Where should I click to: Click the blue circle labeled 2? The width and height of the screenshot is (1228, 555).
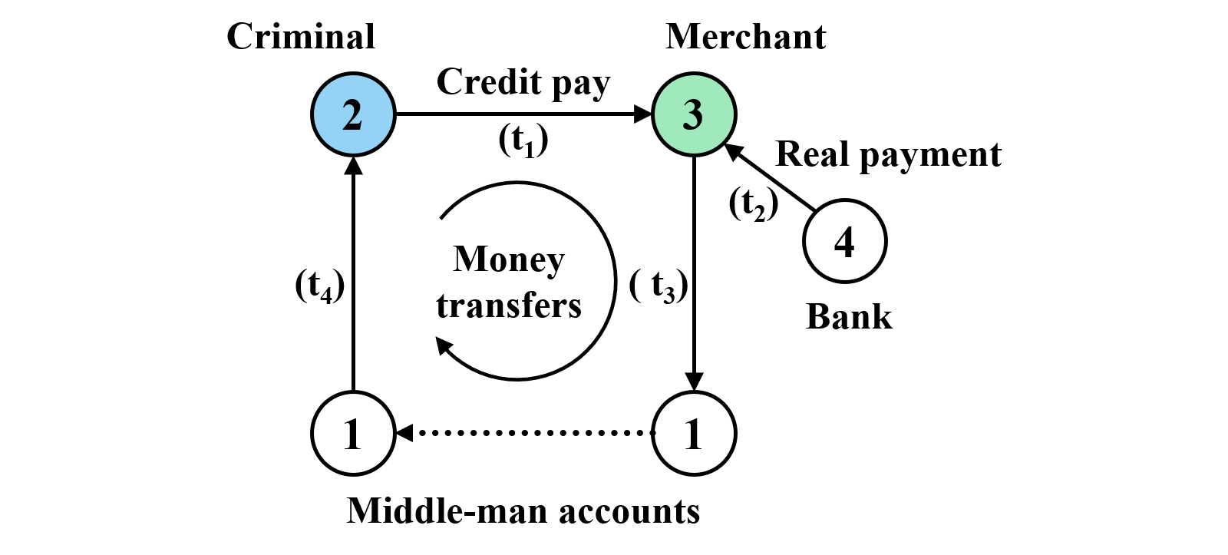click(353, 114)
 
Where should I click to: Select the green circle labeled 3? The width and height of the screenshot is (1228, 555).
click(694, 114)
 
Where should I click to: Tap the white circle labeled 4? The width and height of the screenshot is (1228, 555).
click(844, 241)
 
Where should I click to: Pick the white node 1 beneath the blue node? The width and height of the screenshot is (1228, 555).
click(353, 433)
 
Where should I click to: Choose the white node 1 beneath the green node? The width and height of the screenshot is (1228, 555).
click(694, 433)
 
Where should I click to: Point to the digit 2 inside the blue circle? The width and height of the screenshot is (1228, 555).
click(352, 116)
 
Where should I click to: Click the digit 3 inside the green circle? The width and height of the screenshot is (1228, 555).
click(693, 116)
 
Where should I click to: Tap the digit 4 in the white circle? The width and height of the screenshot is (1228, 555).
click(844, 243)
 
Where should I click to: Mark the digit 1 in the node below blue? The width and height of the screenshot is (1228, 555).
click(352, 434)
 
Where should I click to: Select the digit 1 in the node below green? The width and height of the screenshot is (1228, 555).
click(693, 434)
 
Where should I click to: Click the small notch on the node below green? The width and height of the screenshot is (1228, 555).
click(656, 433)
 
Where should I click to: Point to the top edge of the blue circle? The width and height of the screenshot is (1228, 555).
click(353, 77)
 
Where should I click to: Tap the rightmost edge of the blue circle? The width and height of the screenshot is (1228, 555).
click(391, 114)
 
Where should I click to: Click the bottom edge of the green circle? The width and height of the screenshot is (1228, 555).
click(694, 152)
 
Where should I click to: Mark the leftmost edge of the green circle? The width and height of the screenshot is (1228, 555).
click(656, 114)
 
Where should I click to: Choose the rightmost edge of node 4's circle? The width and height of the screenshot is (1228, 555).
click(883, 241)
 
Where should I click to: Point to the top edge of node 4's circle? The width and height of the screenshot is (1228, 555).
click(844, 203)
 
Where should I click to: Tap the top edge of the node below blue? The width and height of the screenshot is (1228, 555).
click(353, 395)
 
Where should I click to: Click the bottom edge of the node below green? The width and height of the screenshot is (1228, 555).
click(694, 471)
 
